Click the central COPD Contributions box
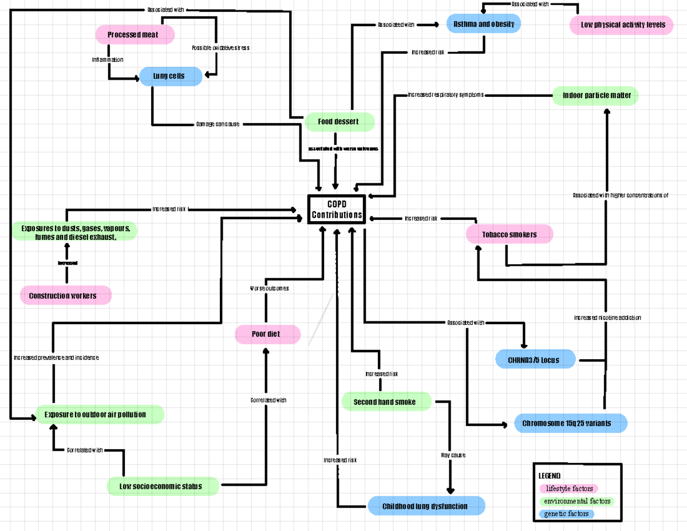[337, 209]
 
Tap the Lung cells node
[170, 76]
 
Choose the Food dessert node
[339, 121]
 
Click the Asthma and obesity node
[484, 25]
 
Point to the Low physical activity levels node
[622, 25]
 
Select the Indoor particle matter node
[595, 96]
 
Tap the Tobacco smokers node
[509, 234]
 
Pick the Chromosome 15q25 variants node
[570, 423]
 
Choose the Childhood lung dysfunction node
[425, 506]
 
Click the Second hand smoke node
[385, 402]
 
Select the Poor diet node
[267, 334]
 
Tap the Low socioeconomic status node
[162, 486]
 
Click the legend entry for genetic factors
[566, 514]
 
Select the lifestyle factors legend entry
[568, 489]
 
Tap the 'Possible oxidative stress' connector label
[220, 48]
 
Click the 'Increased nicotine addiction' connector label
[607, 317]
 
